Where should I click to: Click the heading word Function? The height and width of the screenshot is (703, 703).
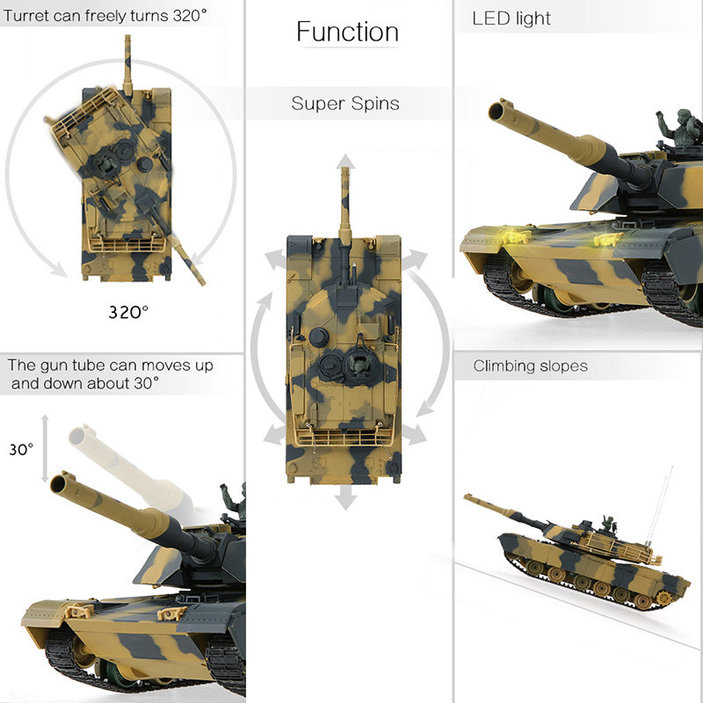point(347,33)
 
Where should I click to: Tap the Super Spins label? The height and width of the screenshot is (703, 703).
point(345,104)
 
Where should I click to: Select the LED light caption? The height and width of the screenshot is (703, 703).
point(511,18)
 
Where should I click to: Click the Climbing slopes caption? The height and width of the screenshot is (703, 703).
point(530,366)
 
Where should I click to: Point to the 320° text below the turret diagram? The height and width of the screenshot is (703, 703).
point(128,311)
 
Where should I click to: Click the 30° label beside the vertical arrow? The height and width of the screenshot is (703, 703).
point(20,449)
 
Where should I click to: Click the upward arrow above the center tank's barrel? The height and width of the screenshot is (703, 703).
point(345,161)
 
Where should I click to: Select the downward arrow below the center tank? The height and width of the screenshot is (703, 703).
point(345,499)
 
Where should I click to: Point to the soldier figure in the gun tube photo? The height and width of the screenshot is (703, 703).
point(233,501)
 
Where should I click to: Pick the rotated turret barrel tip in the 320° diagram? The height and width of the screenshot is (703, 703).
point(200,281)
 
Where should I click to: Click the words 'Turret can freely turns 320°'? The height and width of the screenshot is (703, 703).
point(105,15)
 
